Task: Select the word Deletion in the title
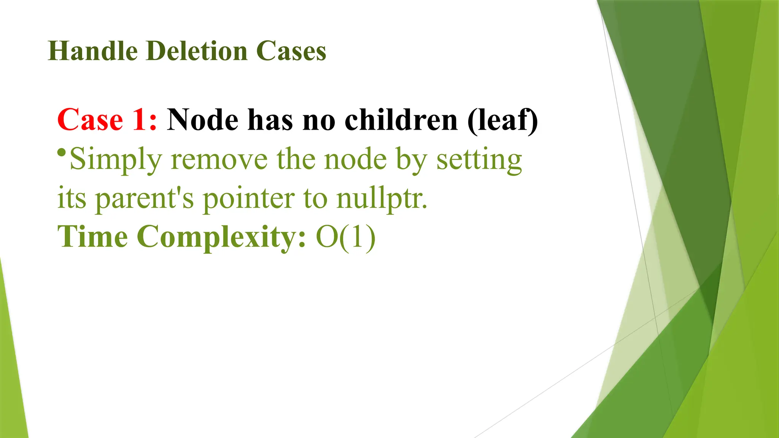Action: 197,51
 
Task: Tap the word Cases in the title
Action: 291,51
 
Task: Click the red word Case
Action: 90,120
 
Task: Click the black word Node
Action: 203,120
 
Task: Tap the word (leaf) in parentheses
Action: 502,121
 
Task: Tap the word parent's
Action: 145,198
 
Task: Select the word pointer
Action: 249,198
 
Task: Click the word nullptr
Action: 382,198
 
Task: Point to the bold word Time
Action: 93,236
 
